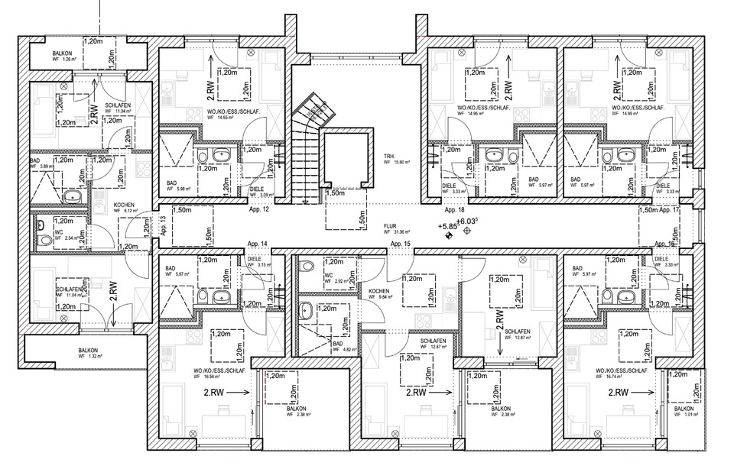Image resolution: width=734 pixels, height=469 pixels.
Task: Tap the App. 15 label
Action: point(401,244)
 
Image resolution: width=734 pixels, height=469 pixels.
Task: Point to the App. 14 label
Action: point(257,244)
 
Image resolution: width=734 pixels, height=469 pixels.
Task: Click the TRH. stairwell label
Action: point(388,155)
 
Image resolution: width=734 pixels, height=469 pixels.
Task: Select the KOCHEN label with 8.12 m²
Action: point(125,205)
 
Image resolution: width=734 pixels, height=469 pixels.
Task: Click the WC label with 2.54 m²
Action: point(57,232)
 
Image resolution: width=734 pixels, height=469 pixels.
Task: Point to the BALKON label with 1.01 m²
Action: point(684,410)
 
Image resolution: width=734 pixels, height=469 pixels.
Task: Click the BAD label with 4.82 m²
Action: point(336,344)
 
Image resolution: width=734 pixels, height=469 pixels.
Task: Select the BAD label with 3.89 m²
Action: point(34,161)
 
